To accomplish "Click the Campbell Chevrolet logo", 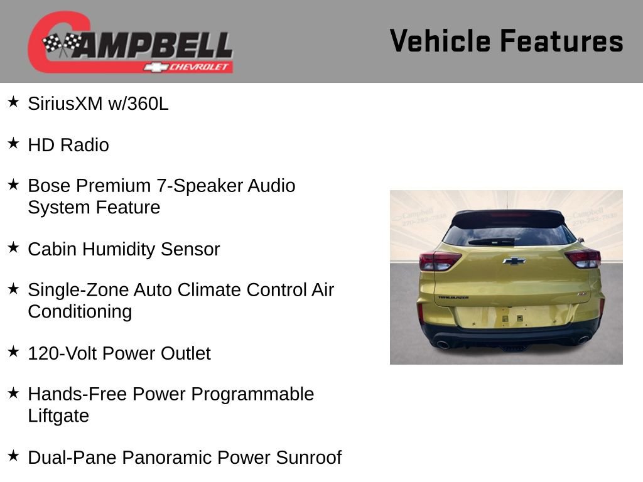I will pos(130,43).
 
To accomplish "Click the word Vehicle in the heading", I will pos(440,41).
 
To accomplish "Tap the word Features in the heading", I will pos(561,41).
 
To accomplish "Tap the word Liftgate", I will pos(58,415).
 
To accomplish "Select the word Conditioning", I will pos(80,311).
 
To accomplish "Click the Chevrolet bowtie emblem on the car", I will pos(514,260).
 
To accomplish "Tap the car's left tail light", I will pos(439,260).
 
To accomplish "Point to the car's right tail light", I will pos(583,257).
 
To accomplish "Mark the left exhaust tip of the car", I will pos(442,344).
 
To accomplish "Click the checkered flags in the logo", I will pos(62,44).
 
